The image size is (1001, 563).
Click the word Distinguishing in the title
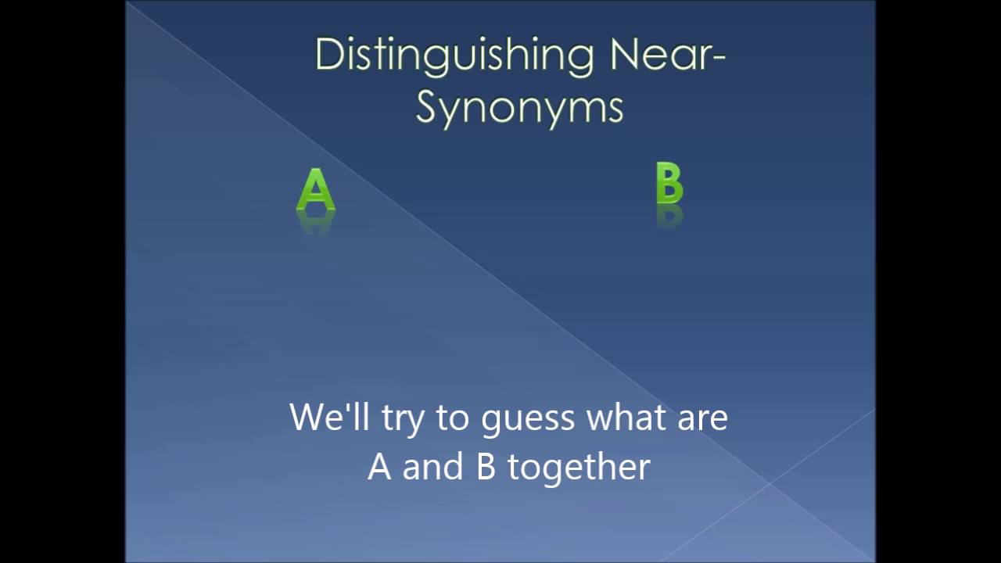click(x=455, y=55)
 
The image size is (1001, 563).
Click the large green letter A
click(x=316, y=190)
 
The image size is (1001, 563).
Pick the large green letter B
click(x=669, y=184)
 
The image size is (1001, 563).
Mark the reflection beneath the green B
click(x=669, y=216)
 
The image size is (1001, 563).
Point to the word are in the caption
click(x=702, y=418)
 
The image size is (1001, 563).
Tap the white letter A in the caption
click(x=379, y=467)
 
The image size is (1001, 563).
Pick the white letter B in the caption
click(x=486, y=467)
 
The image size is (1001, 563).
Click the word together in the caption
click(x=579, y=468)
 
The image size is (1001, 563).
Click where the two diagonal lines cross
click(x=770, y=483)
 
